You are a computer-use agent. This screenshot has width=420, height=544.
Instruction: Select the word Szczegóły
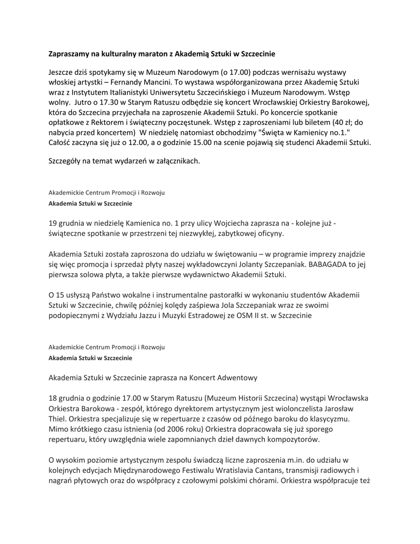66,160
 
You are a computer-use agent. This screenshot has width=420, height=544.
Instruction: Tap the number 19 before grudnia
53,224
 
